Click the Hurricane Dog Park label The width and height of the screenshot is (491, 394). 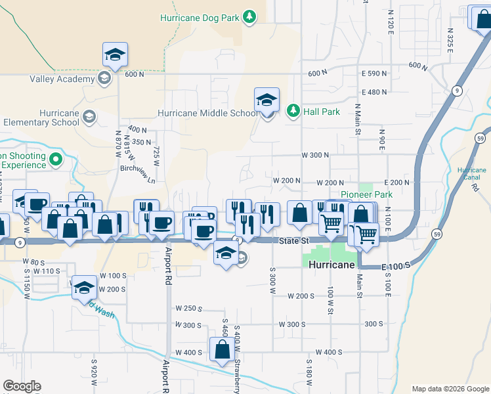click(x=200, y=17)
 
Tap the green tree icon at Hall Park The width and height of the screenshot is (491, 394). click(x=293, y=111)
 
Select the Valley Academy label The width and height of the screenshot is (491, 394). click(x=62, y=79)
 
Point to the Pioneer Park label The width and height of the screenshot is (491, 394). click(x=366, y=195)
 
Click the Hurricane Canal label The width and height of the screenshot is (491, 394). click(x=471, y=173)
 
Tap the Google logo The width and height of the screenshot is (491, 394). click(x=22, y=386)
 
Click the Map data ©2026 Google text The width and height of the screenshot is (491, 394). click(x=450, y=389)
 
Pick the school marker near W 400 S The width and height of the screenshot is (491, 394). click(x=220, y=349)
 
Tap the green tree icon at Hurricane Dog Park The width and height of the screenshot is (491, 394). click(x=249, y=17)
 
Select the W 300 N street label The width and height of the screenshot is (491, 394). click(x=314, y=155)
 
